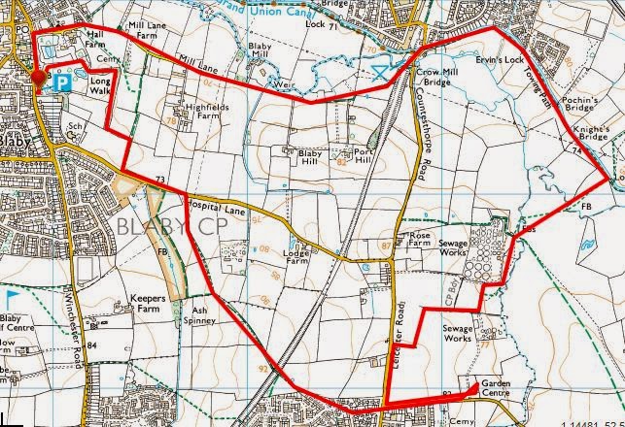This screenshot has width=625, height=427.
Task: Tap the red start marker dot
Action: coord(39,78)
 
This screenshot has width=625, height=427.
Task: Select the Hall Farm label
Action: coord(93,38)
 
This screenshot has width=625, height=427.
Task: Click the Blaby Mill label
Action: coord(259,51)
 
